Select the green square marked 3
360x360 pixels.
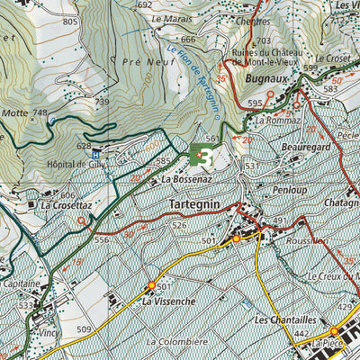tap(202, 157)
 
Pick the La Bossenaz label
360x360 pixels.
tap(187, 180)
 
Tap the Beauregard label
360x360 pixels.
tap(292, 144)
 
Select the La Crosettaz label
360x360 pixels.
tap(67, 205)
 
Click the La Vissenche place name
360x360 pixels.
tap(168, 301)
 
